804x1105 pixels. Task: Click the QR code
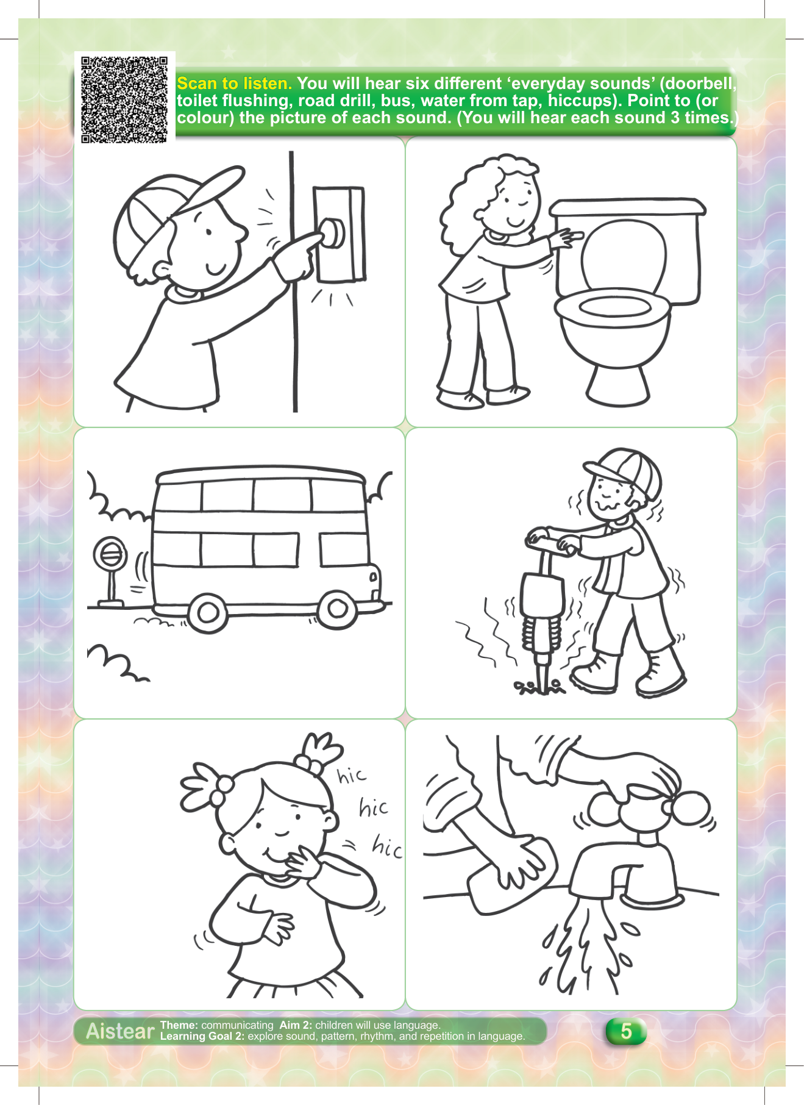[124, 100]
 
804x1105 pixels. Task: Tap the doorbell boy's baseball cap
[177, 210]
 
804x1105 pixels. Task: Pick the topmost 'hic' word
[352, 776]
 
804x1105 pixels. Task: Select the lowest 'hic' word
[387, 847]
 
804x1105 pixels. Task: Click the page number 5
[626, 1031]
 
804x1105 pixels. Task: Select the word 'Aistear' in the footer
[120, 1031]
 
